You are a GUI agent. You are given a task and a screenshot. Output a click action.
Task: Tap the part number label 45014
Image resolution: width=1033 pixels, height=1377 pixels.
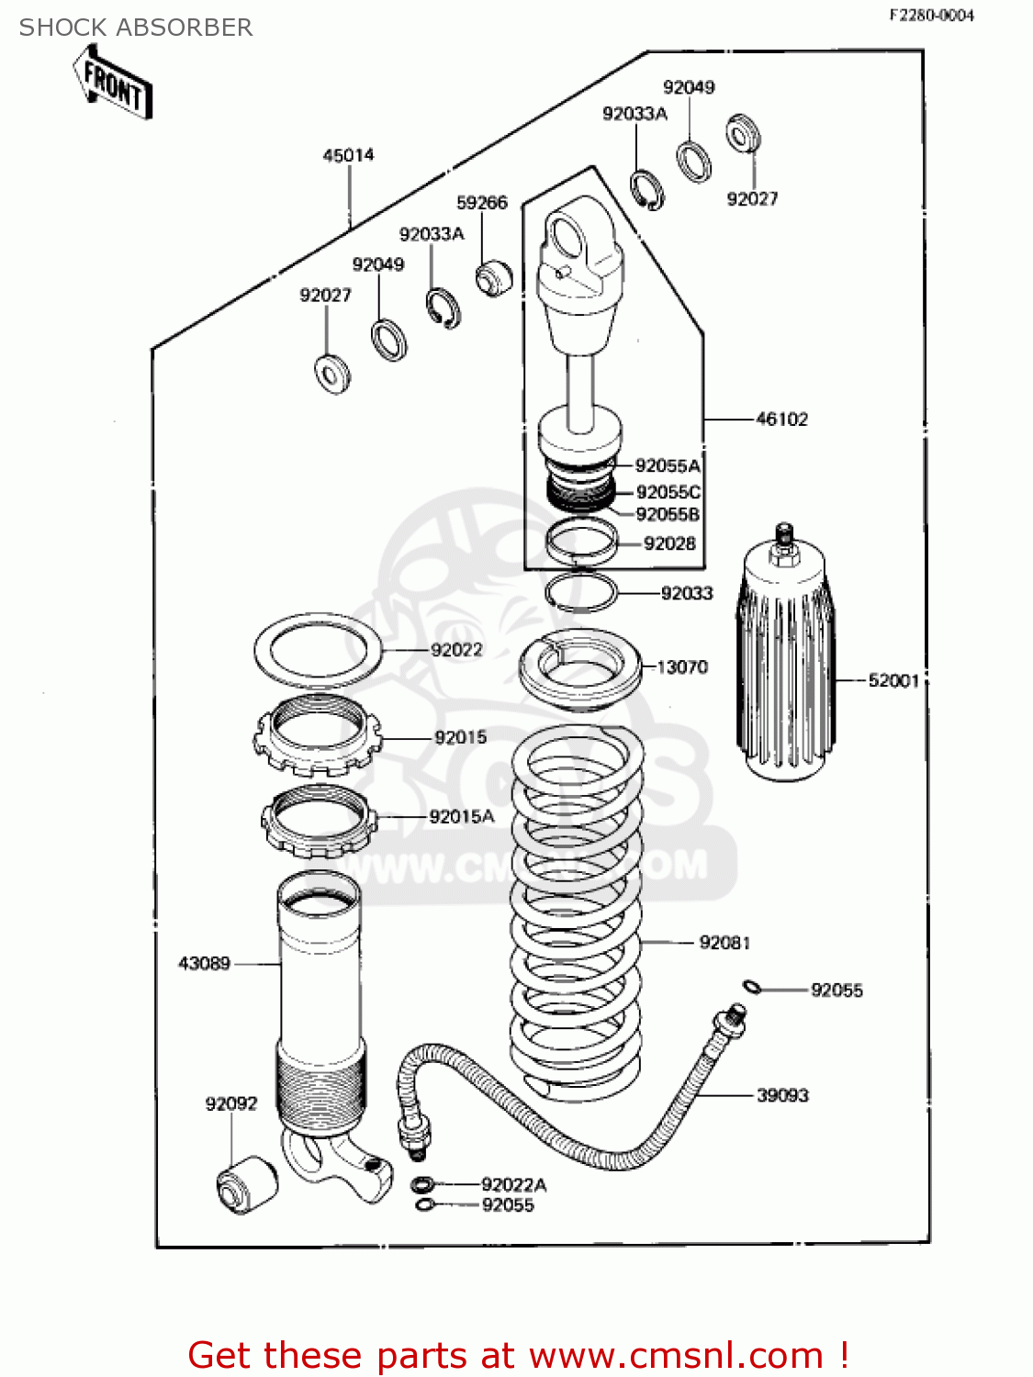[348, 155]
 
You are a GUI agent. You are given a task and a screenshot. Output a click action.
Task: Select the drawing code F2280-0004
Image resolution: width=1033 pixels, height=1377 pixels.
[930, 15]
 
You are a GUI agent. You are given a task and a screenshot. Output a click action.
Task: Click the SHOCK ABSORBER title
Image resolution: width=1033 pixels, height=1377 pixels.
[136, 28]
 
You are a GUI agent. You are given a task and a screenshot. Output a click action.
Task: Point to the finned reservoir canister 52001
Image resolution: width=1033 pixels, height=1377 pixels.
[785, 661]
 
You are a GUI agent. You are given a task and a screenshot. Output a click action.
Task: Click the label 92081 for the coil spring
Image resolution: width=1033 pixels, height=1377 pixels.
[724, 943]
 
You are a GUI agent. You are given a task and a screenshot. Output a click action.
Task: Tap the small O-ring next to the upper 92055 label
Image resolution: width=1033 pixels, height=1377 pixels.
[752, 988]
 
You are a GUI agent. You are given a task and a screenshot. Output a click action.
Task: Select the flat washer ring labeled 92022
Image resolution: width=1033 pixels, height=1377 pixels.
[317, 651]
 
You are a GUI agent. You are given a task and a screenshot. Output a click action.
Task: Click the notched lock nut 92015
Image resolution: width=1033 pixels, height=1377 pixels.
[317, 734]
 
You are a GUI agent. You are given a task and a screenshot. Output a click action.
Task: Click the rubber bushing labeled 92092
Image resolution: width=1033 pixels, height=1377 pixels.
[246, 1185]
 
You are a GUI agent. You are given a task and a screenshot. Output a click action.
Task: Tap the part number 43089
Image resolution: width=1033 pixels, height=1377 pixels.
[204, 964]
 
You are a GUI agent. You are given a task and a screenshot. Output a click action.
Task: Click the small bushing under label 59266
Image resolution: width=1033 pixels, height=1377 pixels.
[494, 276]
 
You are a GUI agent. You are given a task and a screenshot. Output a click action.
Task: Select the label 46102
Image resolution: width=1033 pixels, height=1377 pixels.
[781, 420]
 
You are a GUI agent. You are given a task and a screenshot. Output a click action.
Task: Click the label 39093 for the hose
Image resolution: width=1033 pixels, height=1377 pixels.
[782, 1095]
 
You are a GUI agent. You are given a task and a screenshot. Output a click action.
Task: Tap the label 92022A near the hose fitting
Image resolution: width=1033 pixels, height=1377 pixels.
[513, 1185]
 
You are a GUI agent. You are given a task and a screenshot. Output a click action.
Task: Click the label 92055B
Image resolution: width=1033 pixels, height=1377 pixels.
[668, 515]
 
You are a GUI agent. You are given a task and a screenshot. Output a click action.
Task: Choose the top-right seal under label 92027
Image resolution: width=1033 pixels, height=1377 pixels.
[743, 134]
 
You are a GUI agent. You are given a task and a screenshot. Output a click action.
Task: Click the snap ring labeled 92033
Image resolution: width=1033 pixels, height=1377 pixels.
[579, 591]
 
